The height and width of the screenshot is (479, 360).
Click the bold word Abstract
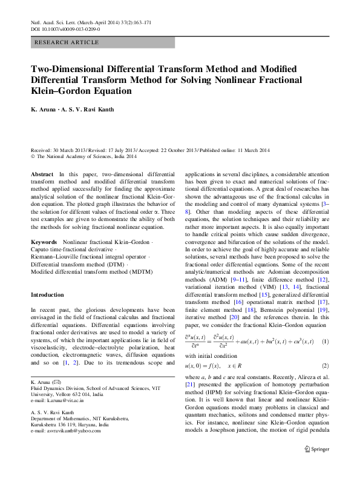coord(42,174)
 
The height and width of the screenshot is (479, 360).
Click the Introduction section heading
coord(47,294)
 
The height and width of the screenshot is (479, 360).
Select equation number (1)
coord(324,341)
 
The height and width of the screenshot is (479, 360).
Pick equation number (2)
coord(324,366)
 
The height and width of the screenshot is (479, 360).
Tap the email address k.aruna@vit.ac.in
coord(57,400)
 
